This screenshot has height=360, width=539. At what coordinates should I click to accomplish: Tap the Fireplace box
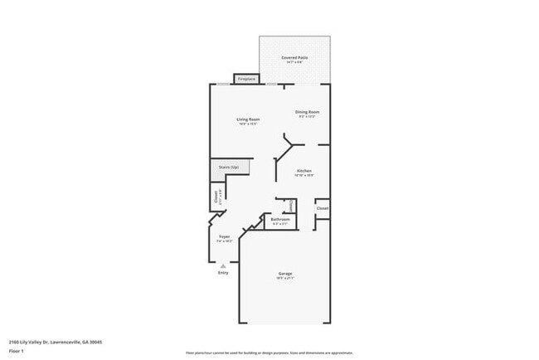tap(246, 80)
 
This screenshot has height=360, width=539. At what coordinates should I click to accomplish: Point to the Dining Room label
tap(308, 112)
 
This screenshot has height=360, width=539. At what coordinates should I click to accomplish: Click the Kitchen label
tap(303, 171)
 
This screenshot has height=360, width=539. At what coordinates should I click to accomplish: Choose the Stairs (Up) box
tap(230, 168)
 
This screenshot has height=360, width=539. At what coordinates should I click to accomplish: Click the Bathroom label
tap(280, 219)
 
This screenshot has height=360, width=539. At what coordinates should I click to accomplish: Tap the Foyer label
tap(224, 236)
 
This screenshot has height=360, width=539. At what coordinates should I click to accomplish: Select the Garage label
tap(284, 274)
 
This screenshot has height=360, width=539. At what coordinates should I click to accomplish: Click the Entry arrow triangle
tap(222, 265)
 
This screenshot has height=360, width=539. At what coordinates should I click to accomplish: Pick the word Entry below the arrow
tap(222, 273)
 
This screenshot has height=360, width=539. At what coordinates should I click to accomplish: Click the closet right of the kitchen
tap(323, 208)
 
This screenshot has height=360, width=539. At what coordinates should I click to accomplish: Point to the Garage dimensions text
tap(284, 279)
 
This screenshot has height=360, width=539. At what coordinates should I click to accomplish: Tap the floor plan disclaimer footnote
tap(269, 352)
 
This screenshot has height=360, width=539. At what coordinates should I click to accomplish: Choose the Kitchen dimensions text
tap(303, 176)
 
